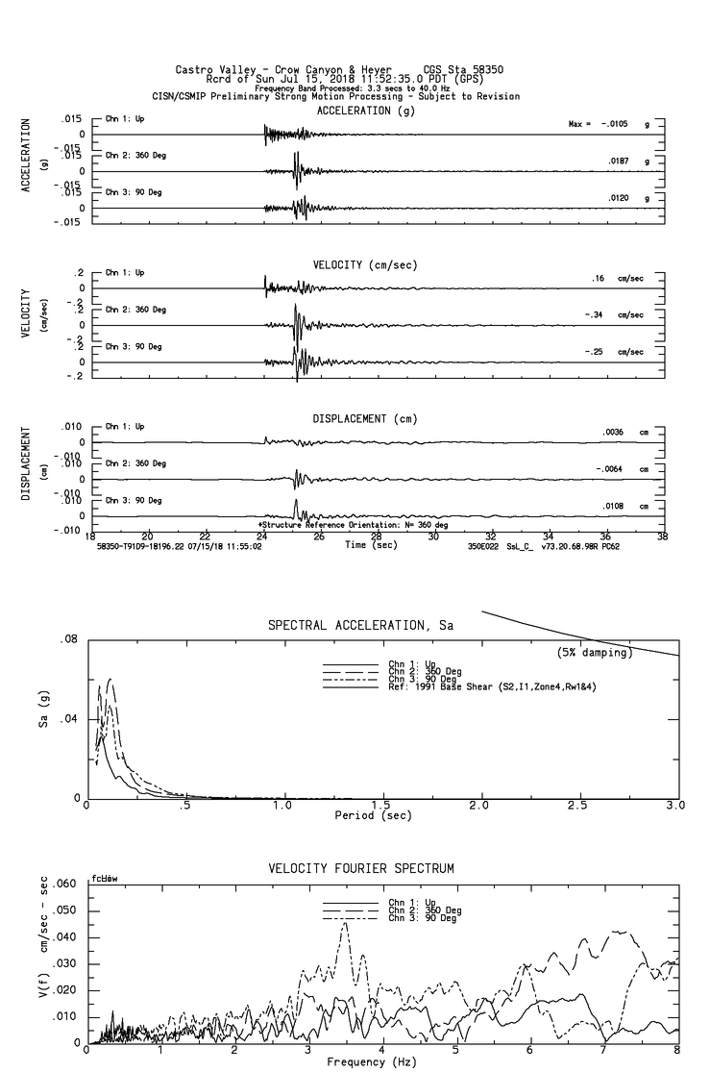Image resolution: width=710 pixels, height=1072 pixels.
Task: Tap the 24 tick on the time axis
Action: [x=262, y=536]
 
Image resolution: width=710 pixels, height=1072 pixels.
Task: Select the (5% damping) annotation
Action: [x=595, y=653]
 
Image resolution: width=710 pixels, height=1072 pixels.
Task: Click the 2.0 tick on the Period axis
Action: [x=479, y=805]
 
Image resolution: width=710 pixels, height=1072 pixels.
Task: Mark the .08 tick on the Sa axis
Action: [x=68, y=639]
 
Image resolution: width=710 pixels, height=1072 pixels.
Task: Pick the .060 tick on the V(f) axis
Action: [x=62, y=884]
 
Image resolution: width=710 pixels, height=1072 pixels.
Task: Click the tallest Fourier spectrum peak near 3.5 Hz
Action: [x=346, y=923]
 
